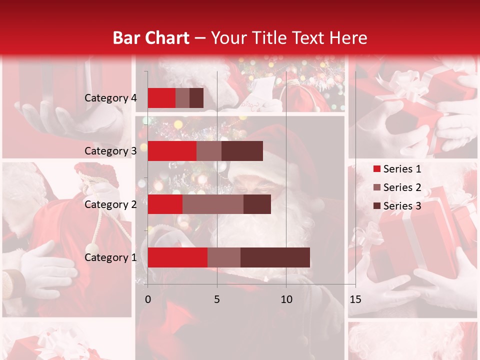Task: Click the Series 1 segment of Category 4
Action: click(161, 98)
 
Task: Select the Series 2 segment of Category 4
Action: click(182, 98)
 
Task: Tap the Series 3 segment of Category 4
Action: click(196, 98)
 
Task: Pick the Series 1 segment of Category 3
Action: click(172, 151)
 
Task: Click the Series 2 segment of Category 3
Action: click(209, 151)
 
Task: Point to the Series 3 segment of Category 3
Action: click(242, 151)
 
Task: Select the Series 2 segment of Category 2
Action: click(213, 204)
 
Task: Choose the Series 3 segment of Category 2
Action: click(257, 204)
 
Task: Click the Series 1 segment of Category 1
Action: click(177, 257)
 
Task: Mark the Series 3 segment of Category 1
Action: click(275, 257)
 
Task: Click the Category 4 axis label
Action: click(110, 98)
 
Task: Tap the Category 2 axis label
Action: click(110, 204)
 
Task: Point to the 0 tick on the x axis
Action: click(148, 299)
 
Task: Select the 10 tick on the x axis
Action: click(286, 299)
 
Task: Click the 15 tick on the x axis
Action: click(355, 299)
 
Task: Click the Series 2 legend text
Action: click(402, 187)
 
